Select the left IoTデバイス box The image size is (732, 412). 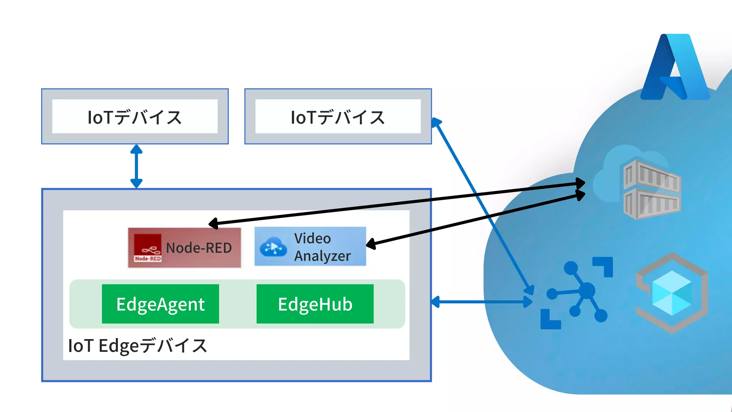click(135, 117)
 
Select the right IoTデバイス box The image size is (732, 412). click(338, 117)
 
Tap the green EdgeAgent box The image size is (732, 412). click(160, 304)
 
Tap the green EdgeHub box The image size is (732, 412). click(315, 304)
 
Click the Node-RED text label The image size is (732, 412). click(199, 248)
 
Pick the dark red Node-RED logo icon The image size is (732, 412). click(148, 248)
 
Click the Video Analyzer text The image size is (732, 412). click(322, 247)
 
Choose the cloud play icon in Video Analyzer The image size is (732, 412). click(273, 247)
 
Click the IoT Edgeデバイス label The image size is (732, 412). click(137, 346)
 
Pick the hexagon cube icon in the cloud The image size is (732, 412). click(672, 293)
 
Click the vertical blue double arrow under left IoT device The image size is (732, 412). click(136, 166)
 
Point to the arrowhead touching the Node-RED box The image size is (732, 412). click(213, 224)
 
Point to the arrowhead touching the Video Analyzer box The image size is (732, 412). click(371, 244)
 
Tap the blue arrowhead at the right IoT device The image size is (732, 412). click(436, 123)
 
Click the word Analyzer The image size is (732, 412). click(322, 256)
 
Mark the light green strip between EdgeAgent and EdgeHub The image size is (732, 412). click(238, 304)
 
